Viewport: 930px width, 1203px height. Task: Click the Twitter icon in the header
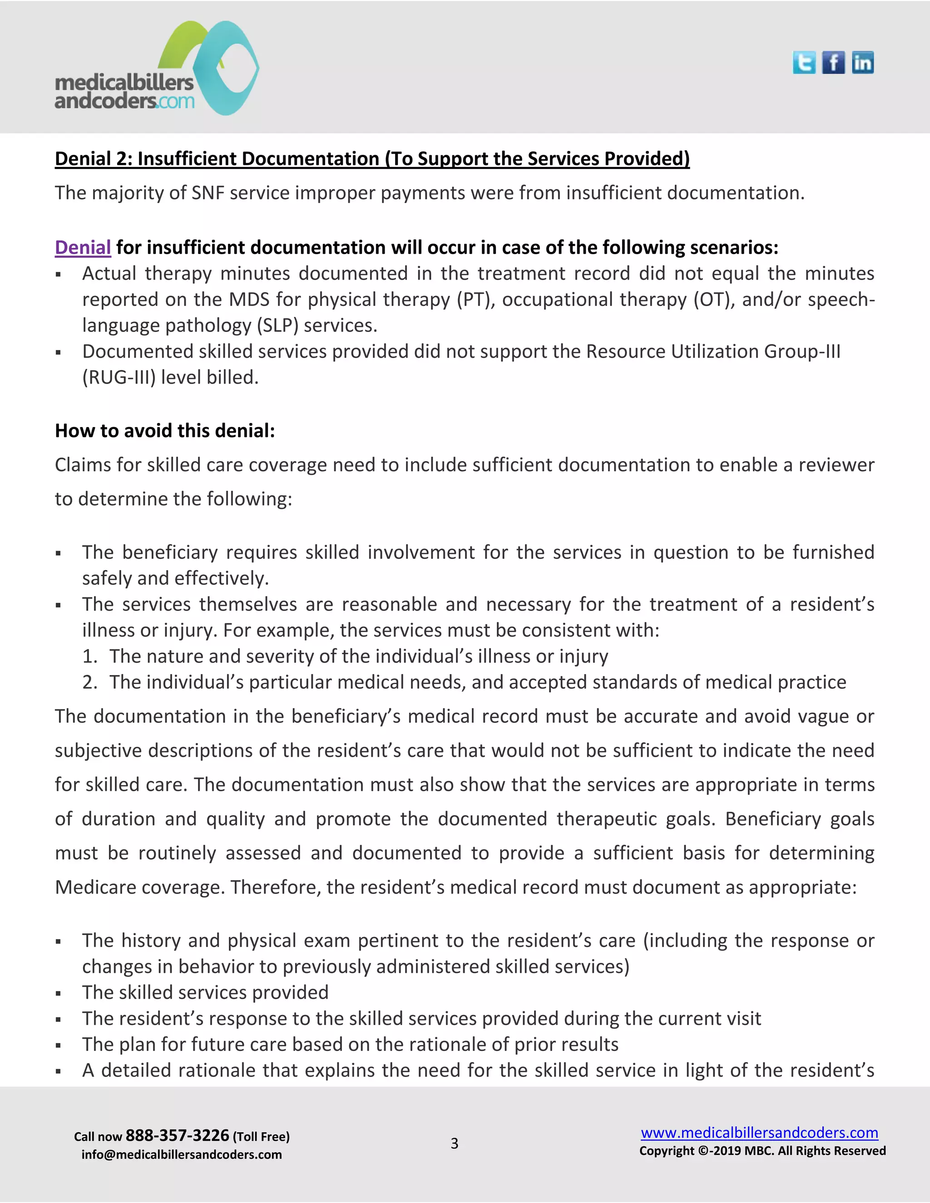coord(804,63)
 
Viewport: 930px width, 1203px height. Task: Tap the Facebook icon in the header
coord(833,63)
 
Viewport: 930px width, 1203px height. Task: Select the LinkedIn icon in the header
coord(862,63)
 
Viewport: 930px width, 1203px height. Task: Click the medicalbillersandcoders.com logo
coord(157,69)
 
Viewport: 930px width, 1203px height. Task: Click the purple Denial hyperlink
coord(83,247)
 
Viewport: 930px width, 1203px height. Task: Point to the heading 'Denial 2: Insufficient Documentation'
coord(372,158)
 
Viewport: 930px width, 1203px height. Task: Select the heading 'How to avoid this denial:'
coord(165,431)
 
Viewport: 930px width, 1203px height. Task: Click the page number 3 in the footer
coord(455,1144)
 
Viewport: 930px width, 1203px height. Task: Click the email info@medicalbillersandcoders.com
coord(181,1154)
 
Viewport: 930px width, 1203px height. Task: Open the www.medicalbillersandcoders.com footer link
coord(759,1133)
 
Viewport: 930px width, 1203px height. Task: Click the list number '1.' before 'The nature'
coord(90,656)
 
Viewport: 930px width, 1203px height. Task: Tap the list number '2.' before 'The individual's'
coord(90,682)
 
